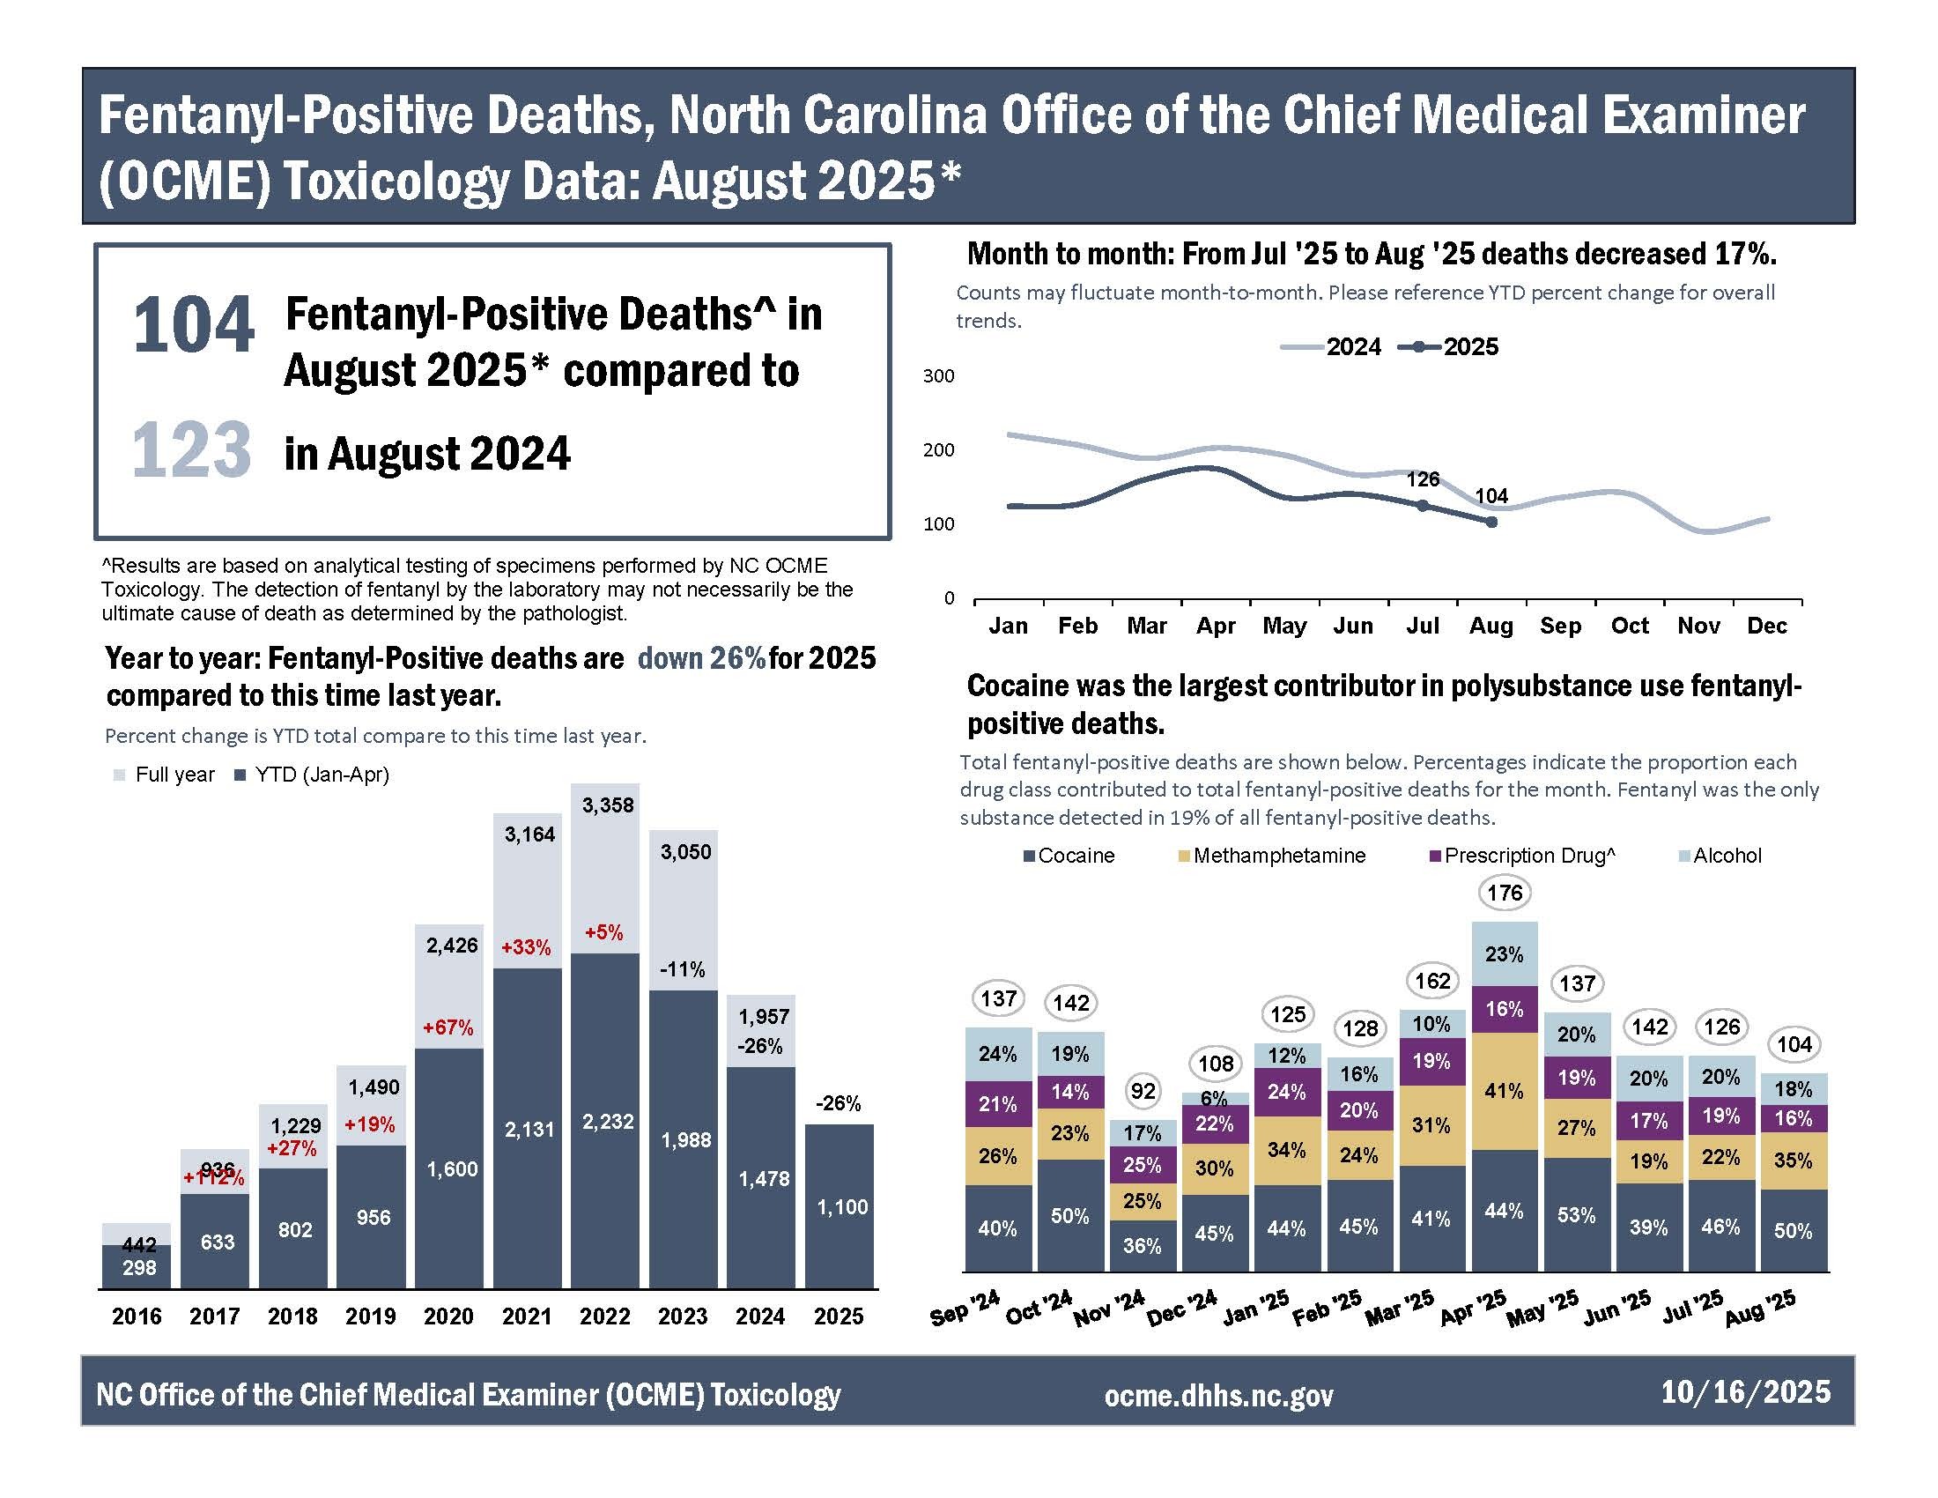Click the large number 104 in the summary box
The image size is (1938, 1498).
[194, 327]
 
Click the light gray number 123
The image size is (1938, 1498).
[192, 450]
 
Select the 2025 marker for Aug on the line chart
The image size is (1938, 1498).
[1491, 523]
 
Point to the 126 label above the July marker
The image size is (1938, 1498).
[1423, 479]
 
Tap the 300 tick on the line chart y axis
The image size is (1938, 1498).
[938, 376]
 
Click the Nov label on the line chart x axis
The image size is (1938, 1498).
[1698, 627]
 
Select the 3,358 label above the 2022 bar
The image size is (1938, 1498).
[608, 805]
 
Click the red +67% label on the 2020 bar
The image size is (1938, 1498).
[448, 1027]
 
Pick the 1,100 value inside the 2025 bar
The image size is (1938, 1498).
[841, 1207]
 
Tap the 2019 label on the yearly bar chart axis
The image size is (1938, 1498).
[371, 1316]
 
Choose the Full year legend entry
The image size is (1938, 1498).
[165, 775]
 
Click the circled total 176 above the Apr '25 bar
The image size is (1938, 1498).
[1505, 893]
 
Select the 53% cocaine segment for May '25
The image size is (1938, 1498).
[1576, 1215]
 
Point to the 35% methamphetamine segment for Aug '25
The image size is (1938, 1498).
[1793, 1161]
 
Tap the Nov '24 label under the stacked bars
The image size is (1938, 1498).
[1110, 1309]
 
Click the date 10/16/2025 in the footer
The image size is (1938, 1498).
[1745, 1391]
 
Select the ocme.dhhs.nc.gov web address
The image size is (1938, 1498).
[1218, 1396]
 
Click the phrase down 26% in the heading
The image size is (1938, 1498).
[701, 658]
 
